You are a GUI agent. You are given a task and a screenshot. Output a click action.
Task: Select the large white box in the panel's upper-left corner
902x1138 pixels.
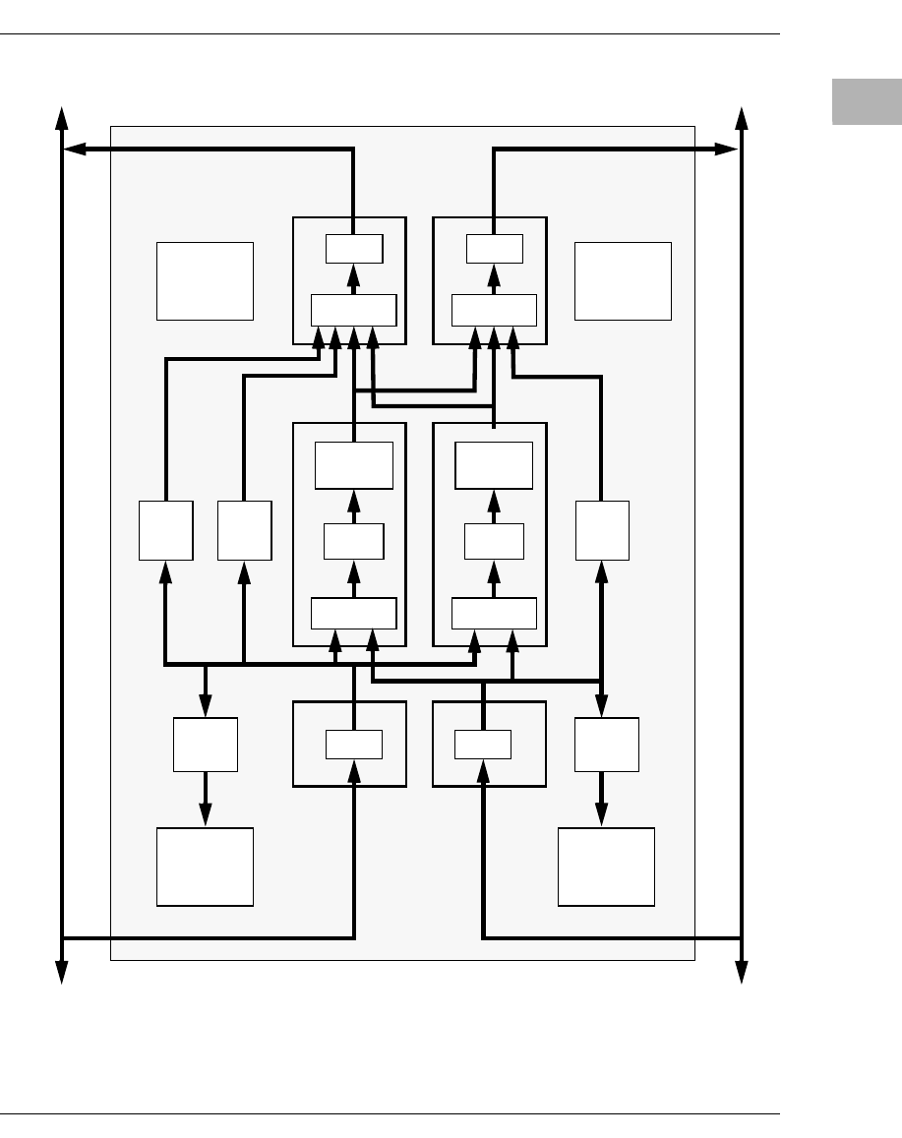[205, 281]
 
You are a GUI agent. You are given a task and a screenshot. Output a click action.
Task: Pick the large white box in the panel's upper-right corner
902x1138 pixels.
[623, 281]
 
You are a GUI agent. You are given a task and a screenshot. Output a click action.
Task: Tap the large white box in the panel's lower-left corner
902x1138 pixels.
[205, 867]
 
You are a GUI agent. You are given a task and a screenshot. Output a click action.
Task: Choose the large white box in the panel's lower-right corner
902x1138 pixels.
[606, 867]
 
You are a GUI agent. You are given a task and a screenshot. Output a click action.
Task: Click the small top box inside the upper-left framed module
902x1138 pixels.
[354, 250]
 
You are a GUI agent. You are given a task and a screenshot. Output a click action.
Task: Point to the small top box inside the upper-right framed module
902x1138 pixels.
[495, 250]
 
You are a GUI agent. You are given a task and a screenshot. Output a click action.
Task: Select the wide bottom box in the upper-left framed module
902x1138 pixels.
[354, 310]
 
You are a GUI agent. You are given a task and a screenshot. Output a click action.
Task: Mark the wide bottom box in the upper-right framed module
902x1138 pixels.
[495, 310]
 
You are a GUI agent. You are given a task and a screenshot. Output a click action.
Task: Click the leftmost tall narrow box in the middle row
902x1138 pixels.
[165, 531]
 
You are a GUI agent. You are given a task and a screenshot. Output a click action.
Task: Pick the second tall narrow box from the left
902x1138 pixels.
[244, 531]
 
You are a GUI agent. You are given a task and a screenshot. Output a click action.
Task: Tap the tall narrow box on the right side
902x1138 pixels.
[602, 531]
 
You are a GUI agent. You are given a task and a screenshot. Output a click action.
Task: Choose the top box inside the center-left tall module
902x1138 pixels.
[354, 465]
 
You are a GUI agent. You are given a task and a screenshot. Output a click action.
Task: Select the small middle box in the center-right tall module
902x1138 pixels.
[494, 540]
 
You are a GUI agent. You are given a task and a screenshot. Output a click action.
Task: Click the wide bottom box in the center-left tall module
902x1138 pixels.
[354, 613]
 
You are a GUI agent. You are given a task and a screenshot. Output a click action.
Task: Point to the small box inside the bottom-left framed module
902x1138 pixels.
[354, 745]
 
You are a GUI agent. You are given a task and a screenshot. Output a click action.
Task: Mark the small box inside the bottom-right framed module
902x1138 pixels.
[483, 745]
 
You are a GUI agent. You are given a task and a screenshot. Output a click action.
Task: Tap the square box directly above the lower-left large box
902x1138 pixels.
[206, 745]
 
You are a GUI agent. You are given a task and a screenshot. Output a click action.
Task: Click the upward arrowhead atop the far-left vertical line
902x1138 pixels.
[62, 116]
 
